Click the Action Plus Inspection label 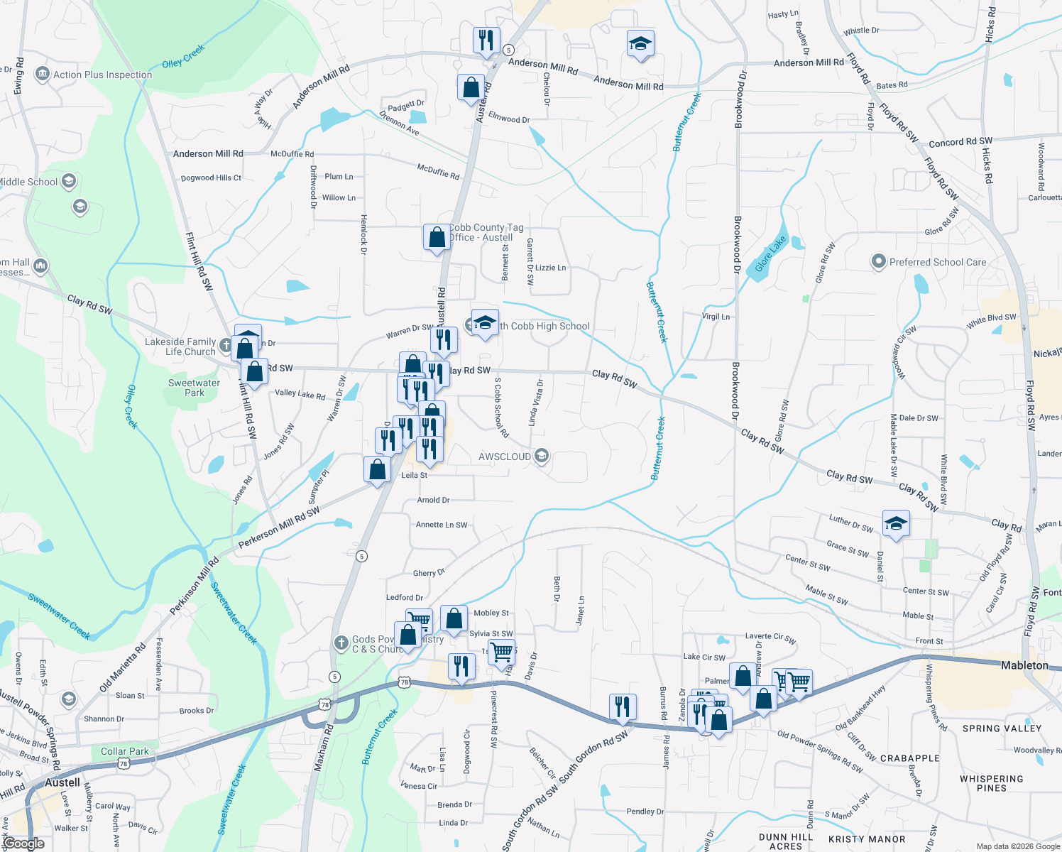coord(102,75)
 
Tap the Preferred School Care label coord(937,262)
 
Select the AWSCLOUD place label coord(505,457)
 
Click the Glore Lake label coord(770,253)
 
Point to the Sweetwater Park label coord(194,388)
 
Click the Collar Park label coord(125,751)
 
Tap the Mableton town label coord(1024,665)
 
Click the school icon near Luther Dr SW coord(896,523)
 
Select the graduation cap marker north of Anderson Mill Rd coord(640,44)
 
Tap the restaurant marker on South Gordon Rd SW coord(622,706)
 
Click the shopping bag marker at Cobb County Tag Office coord(437,237)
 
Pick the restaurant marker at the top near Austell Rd coord(486,40)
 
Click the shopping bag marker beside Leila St coord(377,469)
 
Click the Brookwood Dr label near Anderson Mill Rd coord(740,99)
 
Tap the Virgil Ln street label coord(716,317)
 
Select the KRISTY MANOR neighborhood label coord(867,839)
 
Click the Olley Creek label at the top coord(183,56)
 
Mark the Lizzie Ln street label coord(550,268)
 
